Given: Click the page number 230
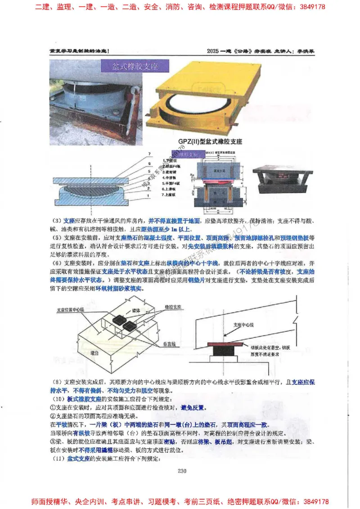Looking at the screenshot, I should (182, 471).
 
